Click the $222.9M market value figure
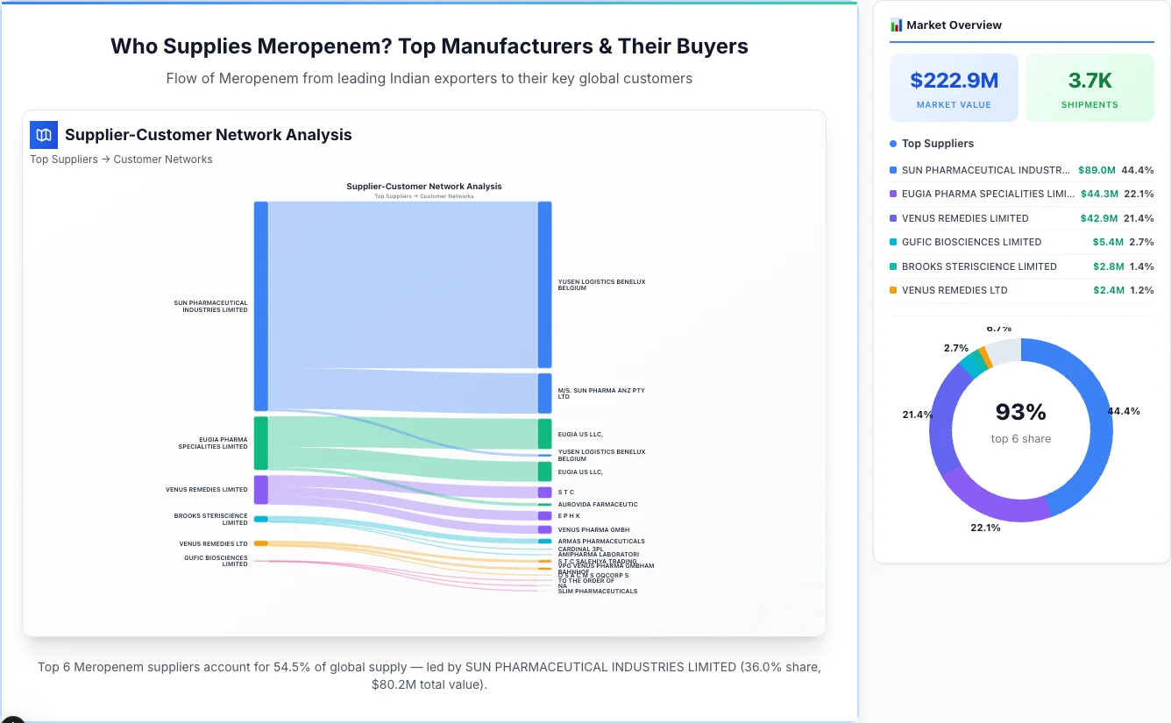(954, 81)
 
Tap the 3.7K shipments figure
(1089, 81)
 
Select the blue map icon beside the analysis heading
(44, 135)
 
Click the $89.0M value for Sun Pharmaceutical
(1096, 170)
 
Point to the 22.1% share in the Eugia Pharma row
(1139, 194)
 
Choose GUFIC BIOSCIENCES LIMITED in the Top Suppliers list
(971, 242)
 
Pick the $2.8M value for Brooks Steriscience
(1108, 266)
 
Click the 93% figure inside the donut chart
(1020, 412)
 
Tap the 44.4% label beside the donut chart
(1124, 411)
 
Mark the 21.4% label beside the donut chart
(918, 415)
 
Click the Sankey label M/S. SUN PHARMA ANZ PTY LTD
(600, 393)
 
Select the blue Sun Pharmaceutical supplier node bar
(261, 306)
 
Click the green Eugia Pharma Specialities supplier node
(261, 443)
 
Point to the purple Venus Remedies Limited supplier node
(261, 490)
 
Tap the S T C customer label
(566, 493)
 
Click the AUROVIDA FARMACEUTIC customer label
(598, 505)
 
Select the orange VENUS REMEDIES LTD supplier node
(261, 543)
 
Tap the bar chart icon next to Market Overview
(896, 25)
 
